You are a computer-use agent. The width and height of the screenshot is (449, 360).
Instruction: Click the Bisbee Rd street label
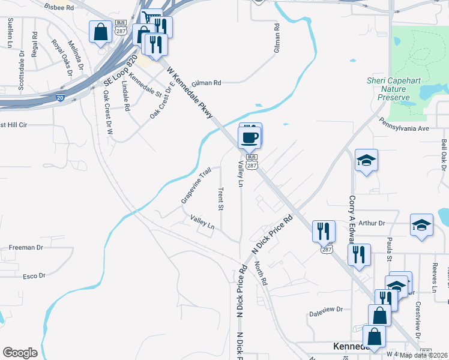58,8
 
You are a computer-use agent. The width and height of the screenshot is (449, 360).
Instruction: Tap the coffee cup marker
249,138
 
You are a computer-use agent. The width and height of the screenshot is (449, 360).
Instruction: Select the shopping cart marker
151,19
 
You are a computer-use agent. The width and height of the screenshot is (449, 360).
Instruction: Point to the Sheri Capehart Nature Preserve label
389,89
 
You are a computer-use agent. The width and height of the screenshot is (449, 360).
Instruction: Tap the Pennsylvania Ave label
404,128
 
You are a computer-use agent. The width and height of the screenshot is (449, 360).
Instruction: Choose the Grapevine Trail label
197,185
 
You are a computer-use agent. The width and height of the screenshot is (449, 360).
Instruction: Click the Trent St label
220,198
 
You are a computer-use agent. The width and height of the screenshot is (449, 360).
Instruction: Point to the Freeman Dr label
26,247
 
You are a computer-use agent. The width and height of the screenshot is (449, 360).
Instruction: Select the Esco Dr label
34,276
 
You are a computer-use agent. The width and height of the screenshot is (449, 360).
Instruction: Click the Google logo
20,353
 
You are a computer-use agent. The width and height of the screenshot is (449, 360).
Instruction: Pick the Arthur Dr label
371,223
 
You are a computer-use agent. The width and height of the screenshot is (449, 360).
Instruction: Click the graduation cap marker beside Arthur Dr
421,226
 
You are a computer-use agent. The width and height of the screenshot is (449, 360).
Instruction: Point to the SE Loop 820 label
120,71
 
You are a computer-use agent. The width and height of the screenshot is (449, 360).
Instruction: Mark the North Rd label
260,273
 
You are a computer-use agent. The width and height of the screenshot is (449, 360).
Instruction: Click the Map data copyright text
423,355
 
